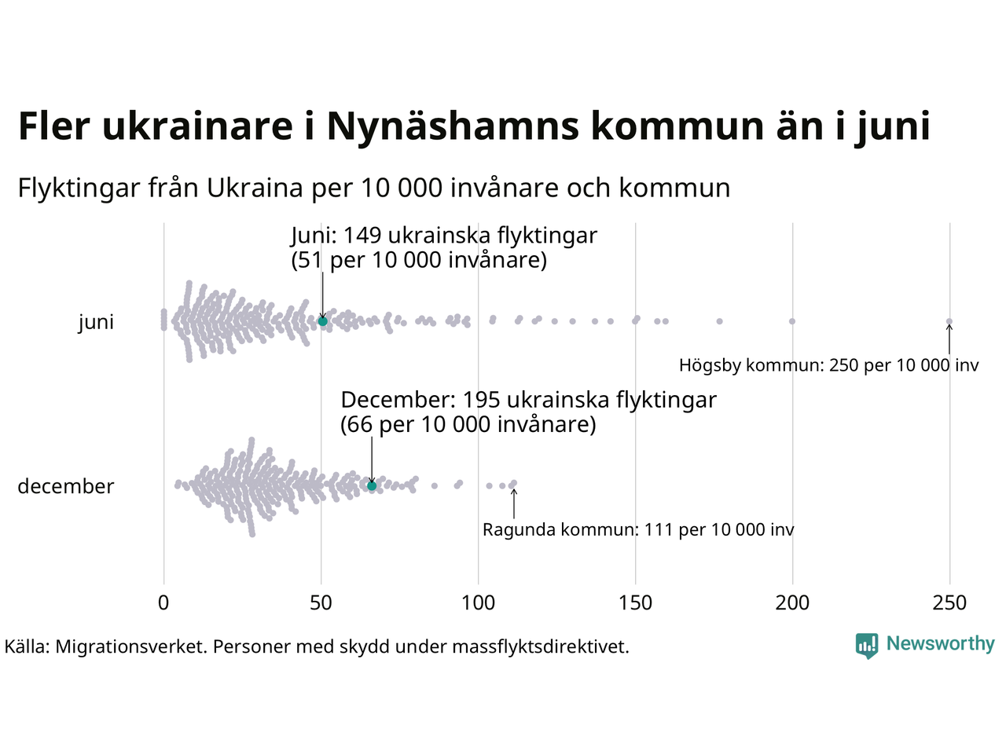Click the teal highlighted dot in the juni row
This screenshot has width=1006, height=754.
[x=322, y=321]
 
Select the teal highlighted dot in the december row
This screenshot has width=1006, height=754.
[x=372, y=486]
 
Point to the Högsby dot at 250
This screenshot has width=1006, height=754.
[x=949, y=321]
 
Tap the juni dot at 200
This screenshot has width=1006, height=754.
[x=791, y=321]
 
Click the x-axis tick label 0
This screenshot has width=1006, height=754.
[x=163, y=603]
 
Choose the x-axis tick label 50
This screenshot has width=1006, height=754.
[x=321, y=603]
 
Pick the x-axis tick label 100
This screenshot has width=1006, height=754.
[x=478, y=603]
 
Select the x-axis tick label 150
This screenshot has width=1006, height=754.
[x=635, y=603]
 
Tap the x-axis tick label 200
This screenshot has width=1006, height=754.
[x=792, y=603]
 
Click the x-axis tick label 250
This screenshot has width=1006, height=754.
[x=949, y=603]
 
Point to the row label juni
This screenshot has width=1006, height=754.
[x=96, y=323]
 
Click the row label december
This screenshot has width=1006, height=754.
[x=66, y=486]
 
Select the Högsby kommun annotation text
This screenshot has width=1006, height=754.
[x=828, y=365]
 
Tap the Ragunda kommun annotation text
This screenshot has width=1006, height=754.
[x=638, y=530]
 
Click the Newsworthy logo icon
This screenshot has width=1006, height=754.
[x=866, y=646]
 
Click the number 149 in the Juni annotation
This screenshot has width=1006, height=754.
[x=362, y=236]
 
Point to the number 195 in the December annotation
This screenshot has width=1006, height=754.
[x=481, y=400]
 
